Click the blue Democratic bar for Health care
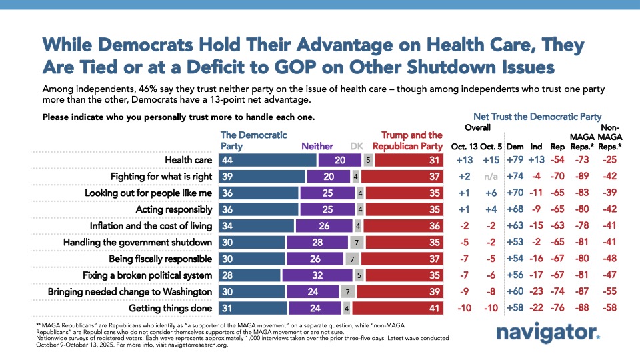267,160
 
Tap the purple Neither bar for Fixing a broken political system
312,275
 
